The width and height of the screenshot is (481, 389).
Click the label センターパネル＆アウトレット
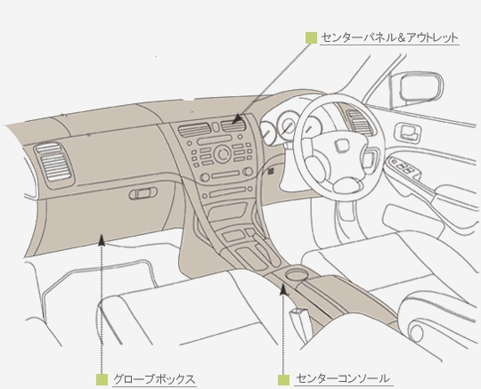(389, 38)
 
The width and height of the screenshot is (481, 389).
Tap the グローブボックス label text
(154, 379)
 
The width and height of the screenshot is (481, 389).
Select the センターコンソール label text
(343, 379)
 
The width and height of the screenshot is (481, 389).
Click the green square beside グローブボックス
(102, 379)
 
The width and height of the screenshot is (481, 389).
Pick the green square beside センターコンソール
(284, 380)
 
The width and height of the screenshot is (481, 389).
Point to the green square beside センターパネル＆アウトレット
(311, 38)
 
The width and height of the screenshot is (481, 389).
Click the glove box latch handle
(143, 193)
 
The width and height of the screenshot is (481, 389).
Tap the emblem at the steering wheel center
(341, 145)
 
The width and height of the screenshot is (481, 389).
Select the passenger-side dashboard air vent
(54, 165)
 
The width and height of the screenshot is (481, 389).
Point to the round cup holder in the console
(296, 273)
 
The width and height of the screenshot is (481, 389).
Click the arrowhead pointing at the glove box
(102, 239)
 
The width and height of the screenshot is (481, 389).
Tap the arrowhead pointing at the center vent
(237, 119)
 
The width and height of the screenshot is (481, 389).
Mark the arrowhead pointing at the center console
(284, 289)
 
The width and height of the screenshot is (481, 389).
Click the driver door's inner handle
(408, 133)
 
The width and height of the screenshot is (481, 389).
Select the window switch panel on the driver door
(403, 166)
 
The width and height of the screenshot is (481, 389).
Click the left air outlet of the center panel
(193, 130)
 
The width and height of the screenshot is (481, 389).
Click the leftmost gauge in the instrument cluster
(268, 133)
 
